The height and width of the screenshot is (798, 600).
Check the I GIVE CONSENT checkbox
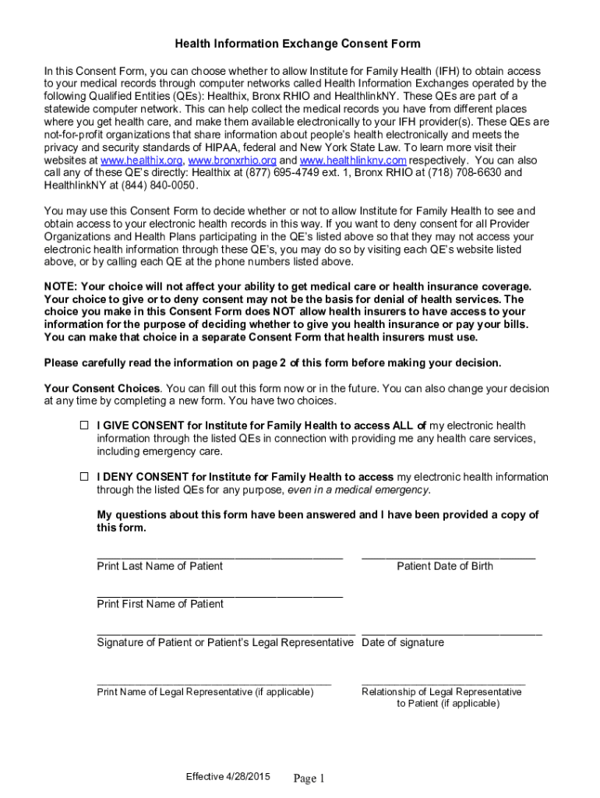84,425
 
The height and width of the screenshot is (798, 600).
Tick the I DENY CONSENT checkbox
84,477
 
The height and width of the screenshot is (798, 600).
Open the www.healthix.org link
138,160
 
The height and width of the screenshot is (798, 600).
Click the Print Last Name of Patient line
219,556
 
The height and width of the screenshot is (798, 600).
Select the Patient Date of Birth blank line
448,556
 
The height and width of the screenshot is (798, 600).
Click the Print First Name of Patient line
219,594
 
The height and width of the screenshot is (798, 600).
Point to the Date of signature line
451,633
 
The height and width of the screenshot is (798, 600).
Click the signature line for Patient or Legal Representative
225,633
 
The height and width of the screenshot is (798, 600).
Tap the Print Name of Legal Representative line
214,683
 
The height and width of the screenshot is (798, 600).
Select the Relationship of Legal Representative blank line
443,683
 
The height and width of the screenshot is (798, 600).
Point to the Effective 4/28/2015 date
228,777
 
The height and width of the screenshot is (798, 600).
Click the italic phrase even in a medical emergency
358,490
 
